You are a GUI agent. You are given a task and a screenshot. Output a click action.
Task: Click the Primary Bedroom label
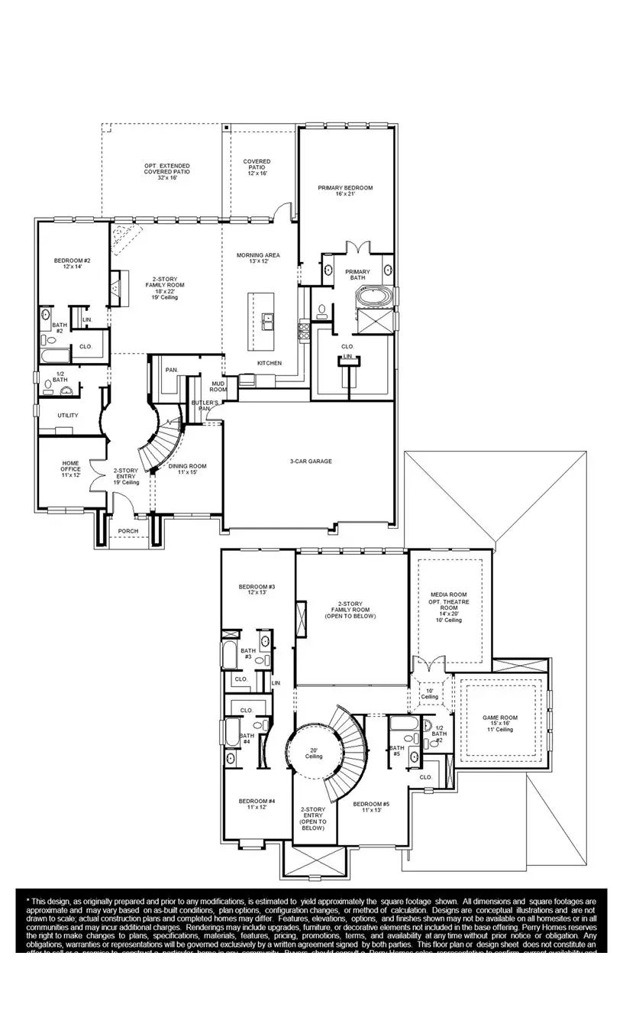[x=345, y=191]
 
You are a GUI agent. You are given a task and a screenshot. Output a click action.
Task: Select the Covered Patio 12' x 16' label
[x=257, y=167]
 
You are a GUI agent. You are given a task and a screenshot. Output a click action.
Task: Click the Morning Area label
[x=258, y=258]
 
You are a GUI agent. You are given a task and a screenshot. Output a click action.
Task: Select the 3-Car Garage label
[x=310, y=461]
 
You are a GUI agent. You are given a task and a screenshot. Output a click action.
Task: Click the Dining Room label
[x=187, y=470]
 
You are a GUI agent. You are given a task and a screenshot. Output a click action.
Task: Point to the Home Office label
[x=70, y=469]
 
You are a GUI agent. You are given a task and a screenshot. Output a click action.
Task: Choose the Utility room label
[x=68, y=416]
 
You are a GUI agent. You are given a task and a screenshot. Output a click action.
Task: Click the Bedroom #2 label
[x=73, y=264]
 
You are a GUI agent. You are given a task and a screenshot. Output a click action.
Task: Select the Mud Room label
[x=208, y=387]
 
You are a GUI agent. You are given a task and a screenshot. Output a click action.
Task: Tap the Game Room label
[x=500, y=723]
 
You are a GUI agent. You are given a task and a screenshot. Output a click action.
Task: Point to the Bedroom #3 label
[x=257, y=589]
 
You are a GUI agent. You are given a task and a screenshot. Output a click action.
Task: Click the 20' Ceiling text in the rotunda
[x=313, y=753]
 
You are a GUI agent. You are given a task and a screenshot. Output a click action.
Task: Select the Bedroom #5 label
[x=371, y=807]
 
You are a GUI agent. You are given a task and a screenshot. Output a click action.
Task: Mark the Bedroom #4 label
[x=257, y=804]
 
